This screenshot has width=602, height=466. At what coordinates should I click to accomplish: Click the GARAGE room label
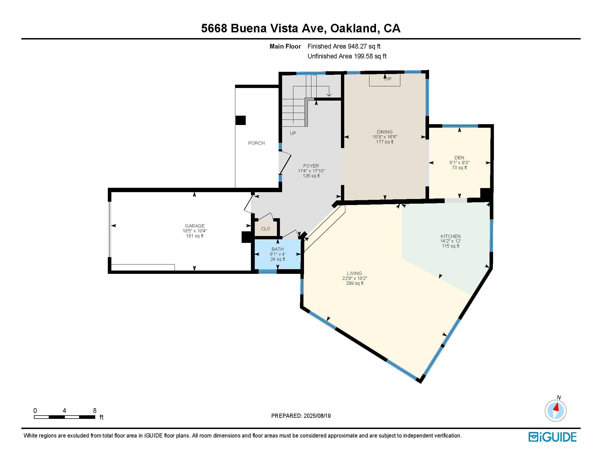coord(195,226)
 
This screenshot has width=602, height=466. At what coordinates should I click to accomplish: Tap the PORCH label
coord(256,143)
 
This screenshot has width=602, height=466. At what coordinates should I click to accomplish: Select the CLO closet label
coord(265,229)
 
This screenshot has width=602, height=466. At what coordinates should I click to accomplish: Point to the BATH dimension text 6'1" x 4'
coord(277,254)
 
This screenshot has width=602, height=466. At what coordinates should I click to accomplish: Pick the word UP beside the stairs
coord(293,133)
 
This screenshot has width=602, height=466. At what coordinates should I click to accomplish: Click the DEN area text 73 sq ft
coord(459,167)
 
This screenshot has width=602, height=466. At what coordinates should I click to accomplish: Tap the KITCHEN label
coord(450,236)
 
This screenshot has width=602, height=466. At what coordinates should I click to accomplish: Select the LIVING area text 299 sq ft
coord(355,283)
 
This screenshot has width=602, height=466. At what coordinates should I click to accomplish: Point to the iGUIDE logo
coord(552,437)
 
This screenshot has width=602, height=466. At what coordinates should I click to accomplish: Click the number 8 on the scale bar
coord(95,411)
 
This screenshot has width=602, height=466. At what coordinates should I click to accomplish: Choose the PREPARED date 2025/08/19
coord(317,416)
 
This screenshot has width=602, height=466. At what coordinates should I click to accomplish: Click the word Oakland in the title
coord(353,29)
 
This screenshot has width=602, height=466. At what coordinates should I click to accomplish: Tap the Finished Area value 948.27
coord(357,46)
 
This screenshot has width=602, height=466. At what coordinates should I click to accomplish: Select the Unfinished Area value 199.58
coord(363,56)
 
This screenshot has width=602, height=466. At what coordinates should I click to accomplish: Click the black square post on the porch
coord(241,120)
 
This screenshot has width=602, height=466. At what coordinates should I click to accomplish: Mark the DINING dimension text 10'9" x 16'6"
coord(385,137)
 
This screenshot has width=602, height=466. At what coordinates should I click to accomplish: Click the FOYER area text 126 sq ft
coord(311,176)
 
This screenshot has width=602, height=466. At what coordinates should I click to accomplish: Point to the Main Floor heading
coord(285,46)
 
